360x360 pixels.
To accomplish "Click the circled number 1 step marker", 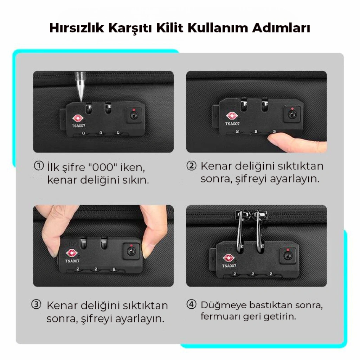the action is [x=39, y=166].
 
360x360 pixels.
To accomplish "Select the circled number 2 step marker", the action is [x=192, y=166].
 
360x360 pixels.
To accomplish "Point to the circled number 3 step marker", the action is [x=36, y=305].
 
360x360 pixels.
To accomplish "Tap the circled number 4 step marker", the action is [x=192, y=305].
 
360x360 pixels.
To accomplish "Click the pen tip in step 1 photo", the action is [x=81, y=100].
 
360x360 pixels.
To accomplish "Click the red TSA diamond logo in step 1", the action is [x=78, y=118].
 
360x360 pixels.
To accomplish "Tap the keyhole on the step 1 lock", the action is [x=134, y=115].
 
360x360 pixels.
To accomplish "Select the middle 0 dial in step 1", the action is [x=101, y=133].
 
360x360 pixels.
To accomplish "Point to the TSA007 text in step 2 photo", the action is [x=232, y=124].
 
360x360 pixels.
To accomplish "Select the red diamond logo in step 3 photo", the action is [x=72, y=253].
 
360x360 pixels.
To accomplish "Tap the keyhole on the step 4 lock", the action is [x=288, y=255].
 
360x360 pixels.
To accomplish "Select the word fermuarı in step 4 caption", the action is [x=220, y=316].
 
